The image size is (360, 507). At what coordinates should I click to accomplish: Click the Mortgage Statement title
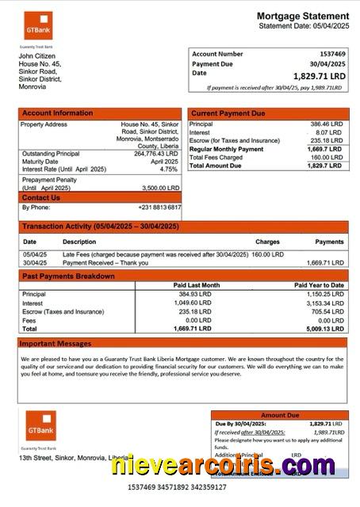click(x=302, y=16)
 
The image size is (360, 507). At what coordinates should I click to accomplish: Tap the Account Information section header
click(x=57, y=113)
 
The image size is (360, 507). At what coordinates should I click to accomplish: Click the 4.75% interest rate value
click(x=169, y=169)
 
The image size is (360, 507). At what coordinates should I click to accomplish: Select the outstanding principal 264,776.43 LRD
click(x=157, y=153)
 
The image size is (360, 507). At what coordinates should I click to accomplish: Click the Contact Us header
click(x=41, y=197)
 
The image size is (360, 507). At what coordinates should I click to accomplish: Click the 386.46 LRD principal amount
click(x=326, y=124)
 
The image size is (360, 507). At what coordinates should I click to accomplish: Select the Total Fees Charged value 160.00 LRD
click(x=325, y=157)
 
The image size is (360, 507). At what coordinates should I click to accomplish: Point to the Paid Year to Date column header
click(x=319, y=284)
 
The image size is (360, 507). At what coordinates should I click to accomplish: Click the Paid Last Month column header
click(x=197, y=284)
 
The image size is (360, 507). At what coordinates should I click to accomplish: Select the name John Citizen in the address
click(x=36, y=56)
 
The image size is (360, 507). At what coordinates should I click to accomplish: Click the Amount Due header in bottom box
click(x=280, y=414)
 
